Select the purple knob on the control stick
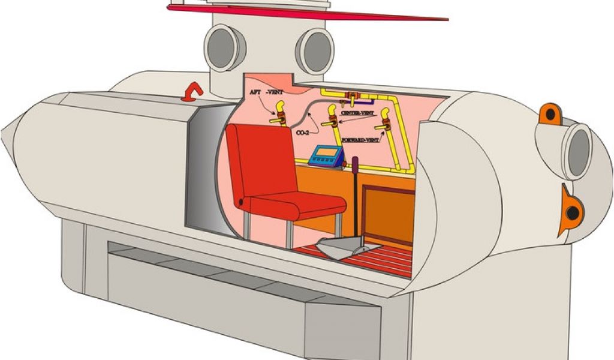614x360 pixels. pos(354,162)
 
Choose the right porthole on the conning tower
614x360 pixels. pos(315,51)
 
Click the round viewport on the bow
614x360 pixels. pos(577,152)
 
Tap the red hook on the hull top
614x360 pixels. pos(193,91)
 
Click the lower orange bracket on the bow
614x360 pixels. pos(570,212)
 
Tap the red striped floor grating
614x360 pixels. pos(372,258)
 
